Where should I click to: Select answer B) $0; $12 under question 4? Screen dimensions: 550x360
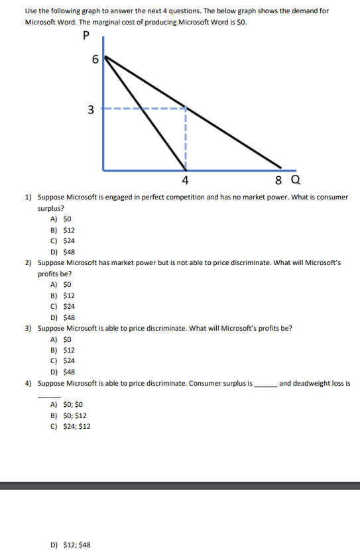tap(68, 415)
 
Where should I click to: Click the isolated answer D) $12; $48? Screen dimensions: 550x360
tap(70, 545)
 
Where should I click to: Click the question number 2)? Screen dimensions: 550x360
tap(29, 263)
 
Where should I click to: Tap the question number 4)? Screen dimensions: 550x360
tap(29, 383)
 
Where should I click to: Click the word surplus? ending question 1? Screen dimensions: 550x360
tap(50, 208)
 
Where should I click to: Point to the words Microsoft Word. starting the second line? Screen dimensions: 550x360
tap(51, 22)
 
